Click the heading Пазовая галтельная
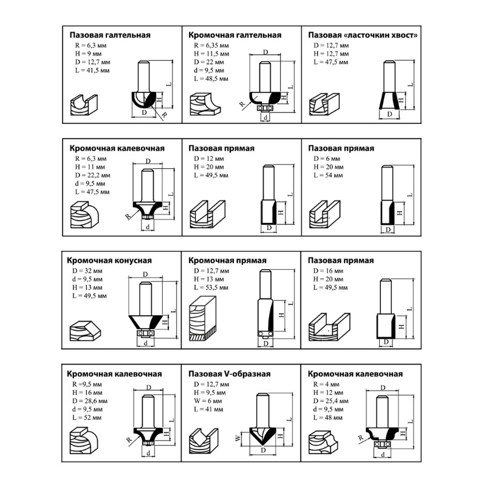(x=110, y=35)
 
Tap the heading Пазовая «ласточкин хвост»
(x=363, y=35)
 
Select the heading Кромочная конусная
(x=109, y=261)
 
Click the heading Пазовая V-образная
(x=230, y=374)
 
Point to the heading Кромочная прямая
(x=227, y=261)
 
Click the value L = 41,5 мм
(x=92, y=70)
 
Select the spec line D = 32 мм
(x=86, y=271)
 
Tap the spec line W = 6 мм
(x=208, y=401)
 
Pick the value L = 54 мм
(x=328, y=176)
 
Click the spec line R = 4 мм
(x=326, y=385)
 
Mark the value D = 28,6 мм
(x=89, y=401)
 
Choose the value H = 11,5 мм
(x=211, y=54)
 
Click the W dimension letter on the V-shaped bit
(x=238, y=438)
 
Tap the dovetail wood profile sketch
(x=324, y=104)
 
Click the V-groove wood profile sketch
(x=204, y=441)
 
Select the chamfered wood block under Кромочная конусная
(x=86, y=330)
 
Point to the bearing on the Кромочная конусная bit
(x=145, y=334)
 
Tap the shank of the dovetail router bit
(x=389, y=77)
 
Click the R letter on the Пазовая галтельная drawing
(x=164, y=115)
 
